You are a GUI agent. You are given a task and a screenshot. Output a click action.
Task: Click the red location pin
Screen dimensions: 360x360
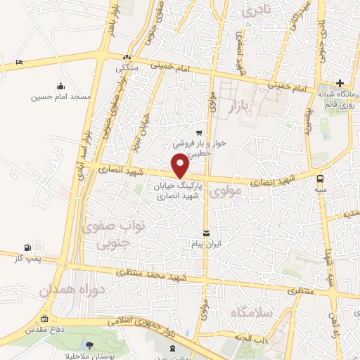(181, 165)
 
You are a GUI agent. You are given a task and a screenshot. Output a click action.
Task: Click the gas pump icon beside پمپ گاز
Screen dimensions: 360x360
(27, 247)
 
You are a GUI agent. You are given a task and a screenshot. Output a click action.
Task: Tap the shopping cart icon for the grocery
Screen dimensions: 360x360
(199, 132)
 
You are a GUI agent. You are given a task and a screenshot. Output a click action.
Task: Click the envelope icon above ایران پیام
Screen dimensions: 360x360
(206, 233)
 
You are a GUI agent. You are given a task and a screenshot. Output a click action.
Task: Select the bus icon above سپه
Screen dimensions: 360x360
(321, 178)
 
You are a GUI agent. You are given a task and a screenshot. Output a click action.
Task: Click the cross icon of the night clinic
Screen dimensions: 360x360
(340, 82)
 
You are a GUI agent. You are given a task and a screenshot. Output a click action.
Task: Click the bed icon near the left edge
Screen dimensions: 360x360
(19, 62)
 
